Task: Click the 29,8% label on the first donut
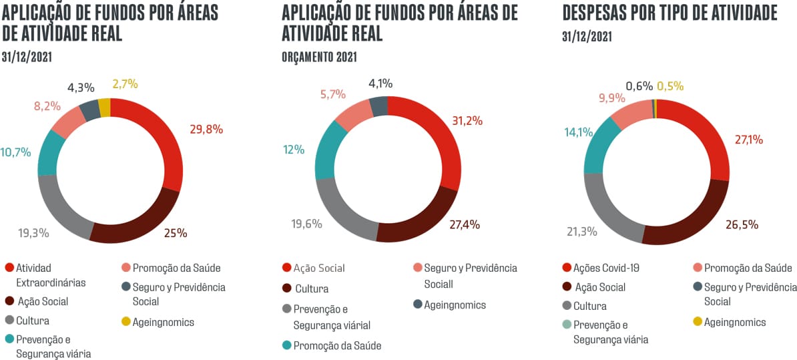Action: (x=206, y=130)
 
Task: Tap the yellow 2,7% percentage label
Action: (x=125, y=83)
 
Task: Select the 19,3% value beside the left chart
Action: (x=33, y=233)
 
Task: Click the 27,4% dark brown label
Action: (x=465, y=224)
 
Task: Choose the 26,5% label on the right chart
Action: (x=742, y=224)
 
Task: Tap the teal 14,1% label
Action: (x=578, y=132)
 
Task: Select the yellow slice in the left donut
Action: (x=104, y=106)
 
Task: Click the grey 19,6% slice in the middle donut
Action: (x=338, y=212)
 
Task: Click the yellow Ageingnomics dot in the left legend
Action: (x=126, y=322)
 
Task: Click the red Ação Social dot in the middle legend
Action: (x=287, y=268)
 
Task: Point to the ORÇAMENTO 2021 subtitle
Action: (x=319, y=57)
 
